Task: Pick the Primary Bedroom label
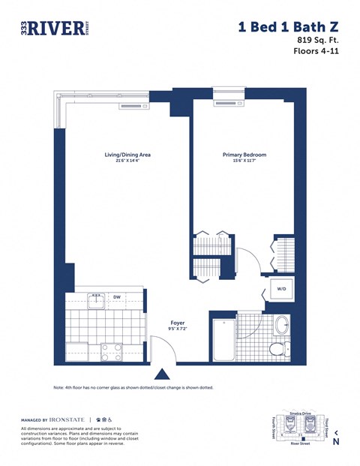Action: (x=244, y=155)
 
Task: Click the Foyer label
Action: (x=177, y=323)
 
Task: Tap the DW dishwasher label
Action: (x=117, y=296)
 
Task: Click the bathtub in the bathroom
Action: (x=223, y=339)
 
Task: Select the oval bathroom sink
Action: (x=282, y=325)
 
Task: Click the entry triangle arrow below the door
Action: (x=160, y=373)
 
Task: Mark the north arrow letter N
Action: (x=335, y=442)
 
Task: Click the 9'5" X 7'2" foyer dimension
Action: (x=177, y=329)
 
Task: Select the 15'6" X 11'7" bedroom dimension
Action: (x=244, y=161)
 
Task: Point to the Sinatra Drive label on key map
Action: (x=301, y=413)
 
